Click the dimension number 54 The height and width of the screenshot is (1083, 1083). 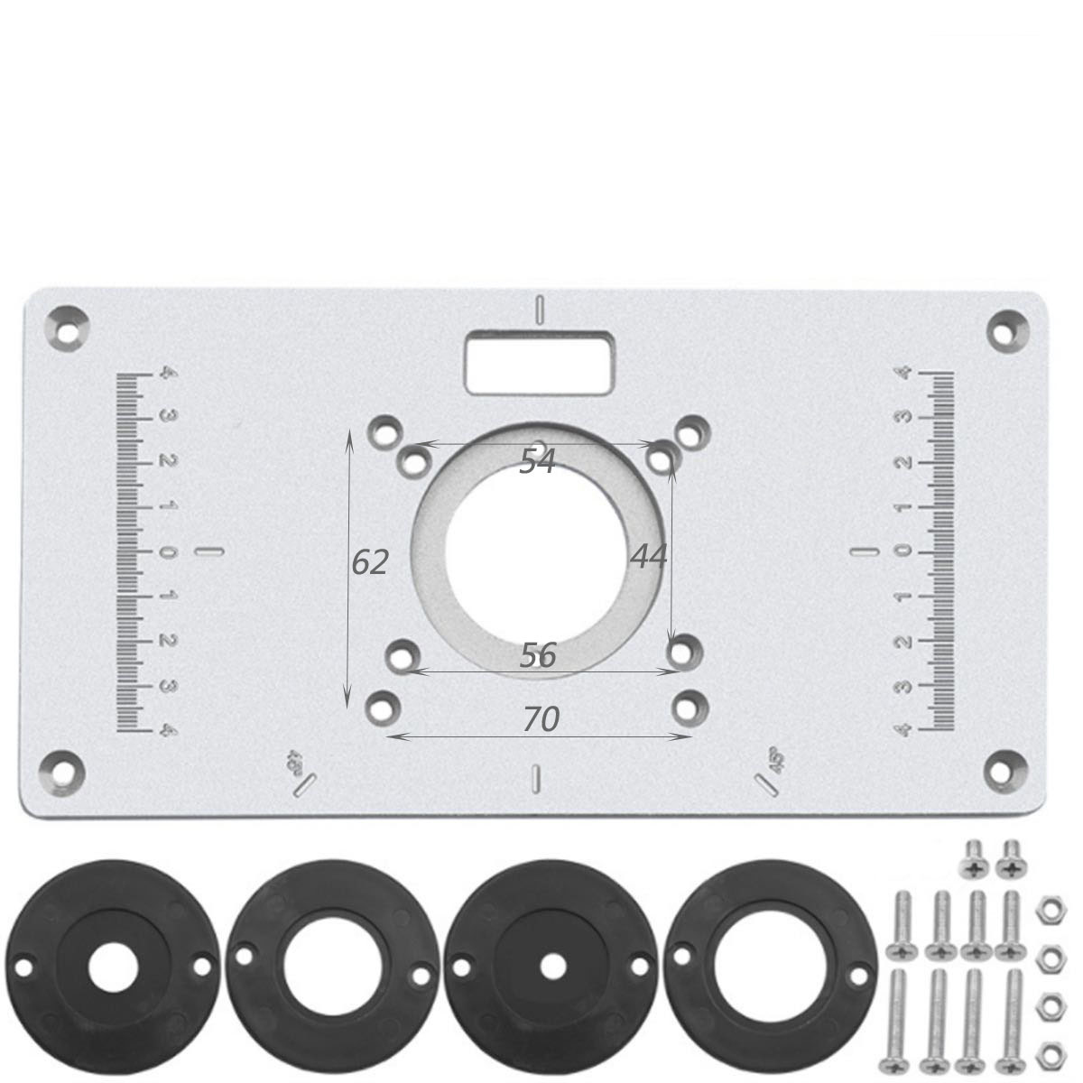537,461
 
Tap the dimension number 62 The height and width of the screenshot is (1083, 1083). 370,562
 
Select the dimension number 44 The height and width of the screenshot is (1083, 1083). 649,556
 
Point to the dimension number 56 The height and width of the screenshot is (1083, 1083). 538,655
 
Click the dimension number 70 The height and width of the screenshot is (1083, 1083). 541,719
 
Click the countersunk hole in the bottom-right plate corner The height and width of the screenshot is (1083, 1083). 1004,767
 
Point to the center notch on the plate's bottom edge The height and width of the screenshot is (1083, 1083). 538,779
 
